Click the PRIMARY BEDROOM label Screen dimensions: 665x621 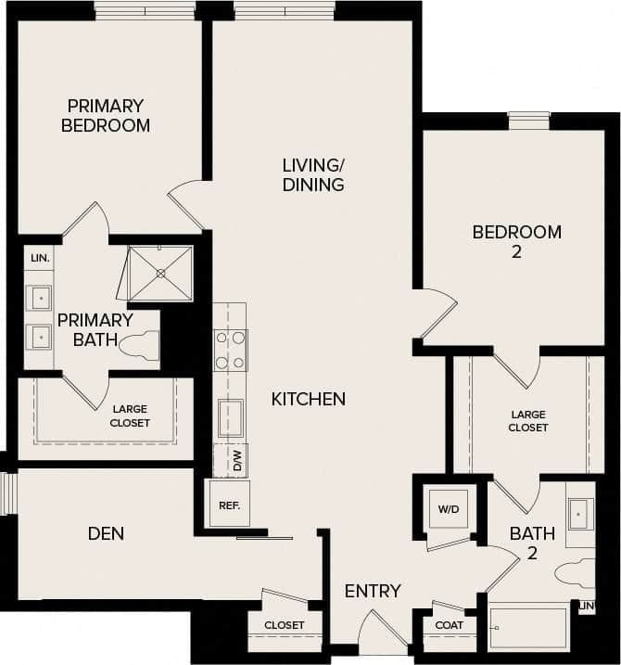(x=106, y=115)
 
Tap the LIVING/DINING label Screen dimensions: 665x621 (x=313, y=174)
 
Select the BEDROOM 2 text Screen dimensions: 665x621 (x=516, y=241)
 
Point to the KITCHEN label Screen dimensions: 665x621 (x=309, y=399)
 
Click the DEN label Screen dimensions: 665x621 (x=106, y=533)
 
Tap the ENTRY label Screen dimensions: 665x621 (x=373, y=591)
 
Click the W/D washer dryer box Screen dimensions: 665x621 (x=449, y=508)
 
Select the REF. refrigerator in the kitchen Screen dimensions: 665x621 (x=228, y=506)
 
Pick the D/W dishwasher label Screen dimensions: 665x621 (x=236, y=460)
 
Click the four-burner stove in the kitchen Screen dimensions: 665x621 (x=230, y=350)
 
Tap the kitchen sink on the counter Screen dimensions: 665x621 (x=230, y=417)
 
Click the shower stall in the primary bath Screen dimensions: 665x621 (x=160, y=273)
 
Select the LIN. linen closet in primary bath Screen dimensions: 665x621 (x=39, y=258)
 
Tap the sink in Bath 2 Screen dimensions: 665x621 (x=580, y=513)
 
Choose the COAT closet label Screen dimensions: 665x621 (x=449, y=624)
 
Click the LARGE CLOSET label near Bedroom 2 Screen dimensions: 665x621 (x=527, y=421)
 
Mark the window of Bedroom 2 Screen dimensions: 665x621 (x=528, y=119)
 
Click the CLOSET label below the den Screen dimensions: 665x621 (x=284, y=625)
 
